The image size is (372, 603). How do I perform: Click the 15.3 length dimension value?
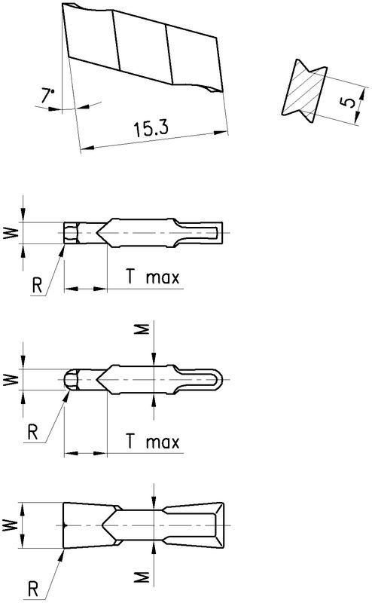[x=151, y=128]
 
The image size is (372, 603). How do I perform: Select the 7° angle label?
[x=47, y=96]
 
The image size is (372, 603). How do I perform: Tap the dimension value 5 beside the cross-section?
[x=347, y=102]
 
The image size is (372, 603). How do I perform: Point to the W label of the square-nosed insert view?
[x=11, y=233]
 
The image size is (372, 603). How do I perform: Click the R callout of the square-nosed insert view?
[x=37, y=286]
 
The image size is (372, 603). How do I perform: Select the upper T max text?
[x=153, y=277]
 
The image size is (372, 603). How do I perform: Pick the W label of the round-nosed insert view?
[x=11, y=380]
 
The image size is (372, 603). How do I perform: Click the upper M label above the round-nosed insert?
[x=142, y=329]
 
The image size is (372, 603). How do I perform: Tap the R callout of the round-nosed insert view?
[x=33, y=433]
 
